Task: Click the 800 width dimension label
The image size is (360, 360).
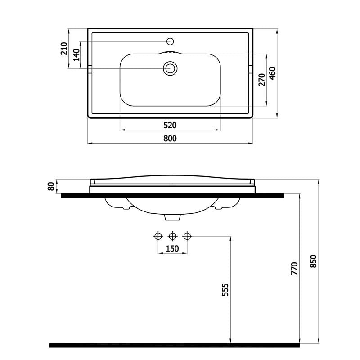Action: pos(170,139)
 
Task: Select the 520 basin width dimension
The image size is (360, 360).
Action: pos(170,126)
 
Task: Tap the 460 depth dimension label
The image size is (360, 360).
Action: pos(273,73)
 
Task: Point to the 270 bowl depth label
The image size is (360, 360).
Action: pos(262,80)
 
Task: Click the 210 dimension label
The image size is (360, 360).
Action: pos(64,49)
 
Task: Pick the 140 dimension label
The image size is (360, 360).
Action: pos(76,55)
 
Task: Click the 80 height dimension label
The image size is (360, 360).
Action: pos(51,186)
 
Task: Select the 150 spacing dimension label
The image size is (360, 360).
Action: pos(172,249)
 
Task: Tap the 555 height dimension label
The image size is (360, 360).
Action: pos(225,290)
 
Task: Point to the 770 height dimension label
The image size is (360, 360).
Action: pos(294,268)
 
